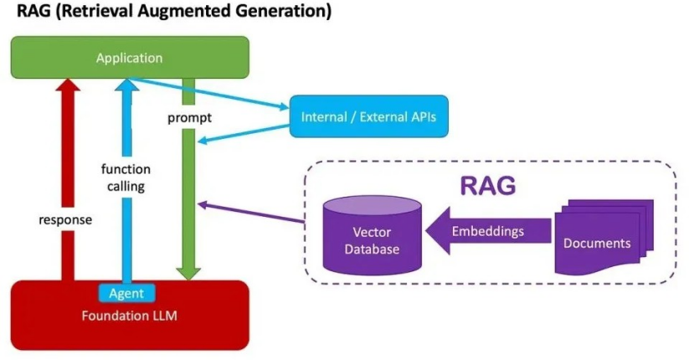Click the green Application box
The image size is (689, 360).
click(x=130, y=58)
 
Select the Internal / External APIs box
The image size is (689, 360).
click(x=368, y=116)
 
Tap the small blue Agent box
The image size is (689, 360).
click(x=126, y=293)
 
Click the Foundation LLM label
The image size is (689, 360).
click(x=130, y=316)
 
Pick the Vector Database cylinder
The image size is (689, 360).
click(x=373, y=235)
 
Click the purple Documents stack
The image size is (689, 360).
click(x=604, y=238)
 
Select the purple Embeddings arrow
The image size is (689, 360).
click(x=488, y=231)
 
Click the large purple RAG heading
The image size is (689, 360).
click(x=488, y=186)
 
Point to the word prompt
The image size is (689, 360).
click(x=189, y=118)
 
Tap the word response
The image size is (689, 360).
click(x=65, y=220)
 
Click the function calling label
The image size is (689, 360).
click(x=126, y=177)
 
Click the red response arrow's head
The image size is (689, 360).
click(x=68, y=85)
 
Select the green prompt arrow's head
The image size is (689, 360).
click(x=188, y=274)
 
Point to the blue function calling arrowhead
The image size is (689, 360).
click(x=127, y=85)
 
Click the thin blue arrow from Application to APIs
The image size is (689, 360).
click(x=208, y=93)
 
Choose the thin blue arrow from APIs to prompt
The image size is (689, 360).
click(x=244, y=134)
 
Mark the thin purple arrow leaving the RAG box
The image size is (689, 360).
click(x=251, y=213)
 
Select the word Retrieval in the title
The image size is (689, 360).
click(x=96, y=10)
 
